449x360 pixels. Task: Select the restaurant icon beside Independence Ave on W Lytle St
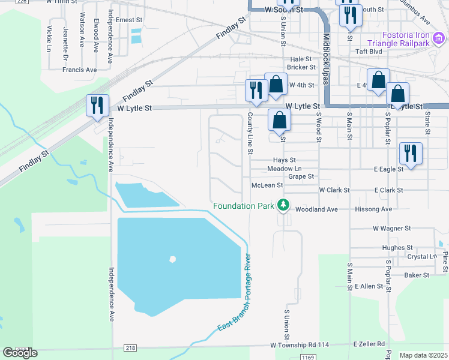97,106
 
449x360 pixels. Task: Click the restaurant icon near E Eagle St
411,153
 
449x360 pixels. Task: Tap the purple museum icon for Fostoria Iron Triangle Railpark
438,40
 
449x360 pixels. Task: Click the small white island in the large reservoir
173,259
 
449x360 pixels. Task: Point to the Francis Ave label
79,70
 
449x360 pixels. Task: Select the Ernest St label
128,20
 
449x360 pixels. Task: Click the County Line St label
249,133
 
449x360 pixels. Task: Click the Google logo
20,353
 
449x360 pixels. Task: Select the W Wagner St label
391,229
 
